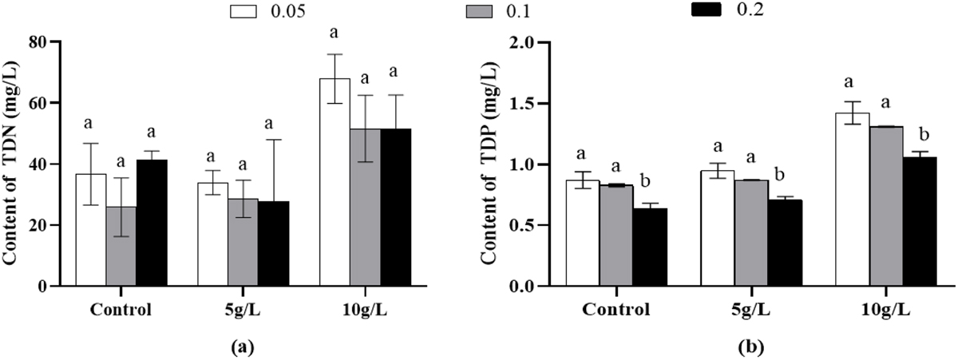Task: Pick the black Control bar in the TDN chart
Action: click(x=152, y=223)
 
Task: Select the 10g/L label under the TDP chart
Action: click(x=885, y=309)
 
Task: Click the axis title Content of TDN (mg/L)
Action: click(x=15, y=164)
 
